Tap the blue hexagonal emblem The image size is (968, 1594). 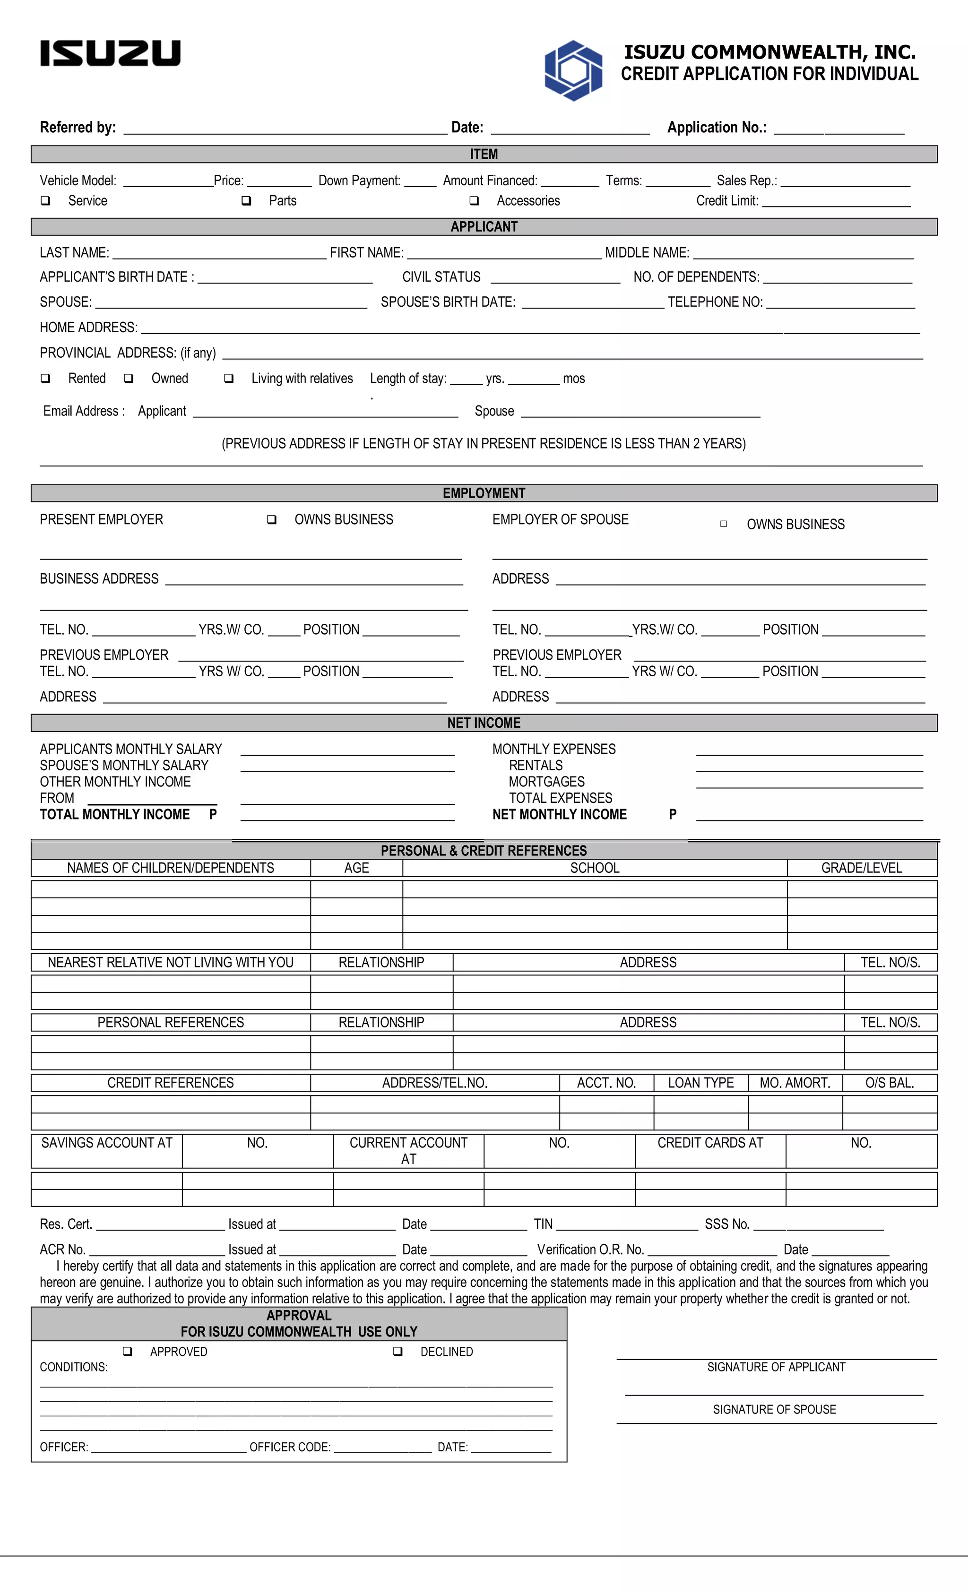573,70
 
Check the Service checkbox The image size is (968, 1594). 45,200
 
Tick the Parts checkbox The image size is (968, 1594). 247,200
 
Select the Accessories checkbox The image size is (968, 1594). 474,200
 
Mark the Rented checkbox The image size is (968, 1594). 45,379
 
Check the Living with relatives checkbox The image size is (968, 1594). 228,379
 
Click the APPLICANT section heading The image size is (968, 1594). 484,226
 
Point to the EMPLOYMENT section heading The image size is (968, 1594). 484,493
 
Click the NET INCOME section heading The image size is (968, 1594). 484,723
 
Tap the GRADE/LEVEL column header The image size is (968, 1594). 861,868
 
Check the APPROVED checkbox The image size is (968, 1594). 128,1352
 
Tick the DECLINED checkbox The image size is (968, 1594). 398,1352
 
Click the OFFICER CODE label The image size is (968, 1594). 290,1447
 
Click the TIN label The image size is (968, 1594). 544,1224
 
